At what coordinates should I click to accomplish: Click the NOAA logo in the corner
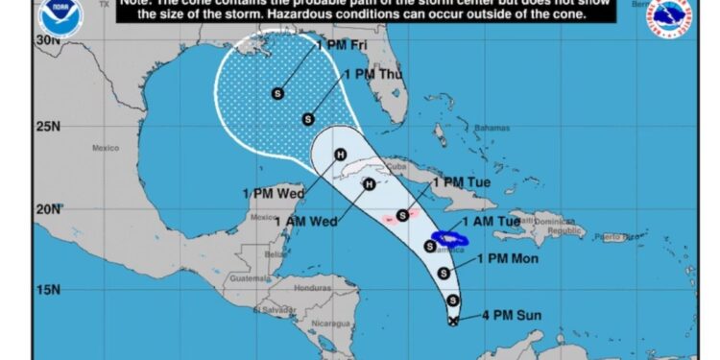[60, 16]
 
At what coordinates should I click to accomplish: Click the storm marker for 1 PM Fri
[278, 93]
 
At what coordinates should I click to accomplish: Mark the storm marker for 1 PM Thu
[308, 120]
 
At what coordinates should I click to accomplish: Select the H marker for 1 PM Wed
[339, 155]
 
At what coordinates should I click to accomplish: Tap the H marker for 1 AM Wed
[367, 184]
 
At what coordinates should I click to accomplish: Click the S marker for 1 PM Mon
[444, 273]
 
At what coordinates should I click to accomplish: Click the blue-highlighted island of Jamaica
[449, 237]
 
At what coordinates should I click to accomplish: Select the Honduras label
[312, 288]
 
